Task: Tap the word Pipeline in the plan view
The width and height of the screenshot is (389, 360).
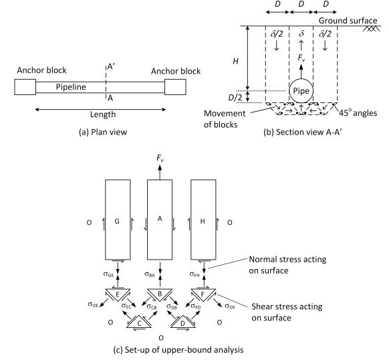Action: click(x=71, y=87)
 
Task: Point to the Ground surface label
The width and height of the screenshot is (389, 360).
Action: click(x=348, y=21)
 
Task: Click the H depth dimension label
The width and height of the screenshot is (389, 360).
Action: click(x=235, y=61)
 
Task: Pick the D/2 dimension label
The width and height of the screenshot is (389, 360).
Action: click(x=235, y=98)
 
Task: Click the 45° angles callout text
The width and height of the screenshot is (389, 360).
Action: click(x=358, y=113)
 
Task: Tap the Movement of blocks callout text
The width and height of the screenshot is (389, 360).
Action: click(x=225, y=118)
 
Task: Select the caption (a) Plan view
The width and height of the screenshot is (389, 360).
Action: click(x=103, y=132)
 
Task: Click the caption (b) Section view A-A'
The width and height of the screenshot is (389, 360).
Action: click(x=303, y=132)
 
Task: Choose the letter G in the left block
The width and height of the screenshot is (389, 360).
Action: click(x=117, y=221)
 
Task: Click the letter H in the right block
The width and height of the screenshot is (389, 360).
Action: click(x=203, y=221)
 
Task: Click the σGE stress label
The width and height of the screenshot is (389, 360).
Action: click(x=108, y=274)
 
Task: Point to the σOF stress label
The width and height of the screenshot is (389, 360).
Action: click(x=230, y=306)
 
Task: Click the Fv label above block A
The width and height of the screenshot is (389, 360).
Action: click(x=160, y=158)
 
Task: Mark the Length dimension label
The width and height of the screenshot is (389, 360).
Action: click(x=103, y=114)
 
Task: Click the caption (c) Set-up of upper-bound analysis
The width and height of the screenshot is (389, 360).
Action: click(x=178, y=350)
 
